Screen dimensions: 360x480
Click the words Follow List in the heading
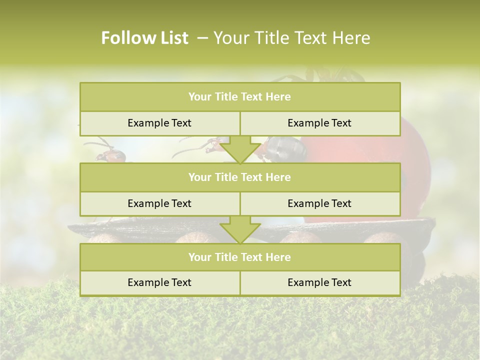click(144, 38)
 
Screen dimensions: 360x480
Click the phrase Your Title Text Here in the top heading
click(292, 38)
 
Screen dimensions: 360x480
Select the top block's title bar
click(240, 97)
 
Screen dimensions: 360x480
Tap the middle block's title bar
click(240, 177)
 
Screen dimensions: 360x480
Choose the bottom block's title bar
click(240, 257)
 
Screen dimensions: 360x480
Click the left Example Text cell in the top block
click(159, 123)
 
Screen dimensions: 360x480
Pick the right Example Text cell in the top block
click(319, 123)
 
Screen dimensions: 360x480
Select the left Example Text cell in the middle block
click(159, 203)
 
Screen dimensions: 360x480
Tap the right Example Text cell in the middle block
click(319, 203)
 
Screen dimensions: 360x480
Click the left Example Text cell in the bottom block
click(159, 282)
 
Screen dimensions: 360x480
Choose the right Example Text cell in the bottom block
click(319, 282)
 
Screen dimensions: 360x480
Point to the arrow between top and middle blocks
click(240, 150)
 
